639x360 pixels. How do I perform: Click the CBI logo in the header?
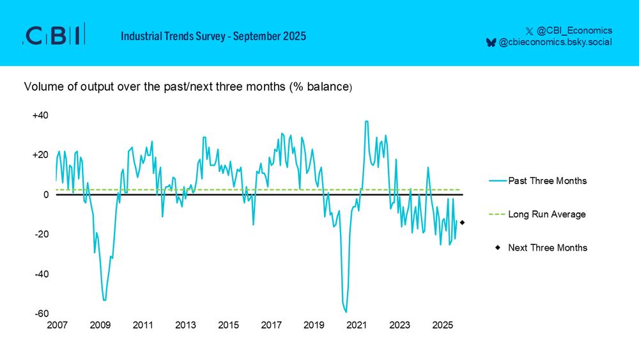(x=54, y=36)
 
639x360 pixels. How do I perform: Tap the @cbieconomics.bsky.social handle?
(x=555, y=42)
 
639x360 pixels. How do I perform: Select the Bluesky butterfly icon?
(x=491, y=42)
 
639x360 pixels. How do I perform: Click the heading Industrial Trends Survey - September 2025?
(x=213, y=36)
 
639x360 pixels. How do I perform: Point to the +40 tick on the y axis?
(x=40, y=115)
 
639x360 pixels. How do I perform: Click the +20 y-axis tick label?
(x=40, y=155)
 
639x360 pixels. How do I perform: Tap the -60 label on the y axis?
(x=42, y=313)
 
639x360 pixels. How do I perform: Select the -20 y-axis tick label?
(x=42, y=234)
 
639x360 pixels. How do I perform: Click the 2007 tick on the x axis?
(x=57, y=325)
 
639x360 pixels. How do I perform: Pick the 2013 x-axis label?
(x=185, y=325)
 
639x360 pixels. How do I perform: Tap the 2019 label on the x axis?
(x=314, y=325)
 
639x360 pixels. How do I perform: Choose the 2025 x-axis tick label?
(x=442, y=325)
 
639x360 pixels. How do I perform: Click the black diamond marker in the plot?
(x=462, y=223)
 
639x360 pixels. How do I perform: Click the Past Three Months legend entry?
(x=547, y=181)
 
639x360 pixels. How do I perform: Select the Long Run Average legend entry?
(x=546, y=214)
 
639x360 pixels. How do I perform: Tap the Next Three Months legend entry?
(x=548, y=247)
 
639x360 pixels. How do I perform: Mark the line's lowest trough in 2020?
(x=346, y=312)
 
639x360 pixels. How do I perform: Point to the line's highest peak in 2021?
(x=366, y=121)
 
